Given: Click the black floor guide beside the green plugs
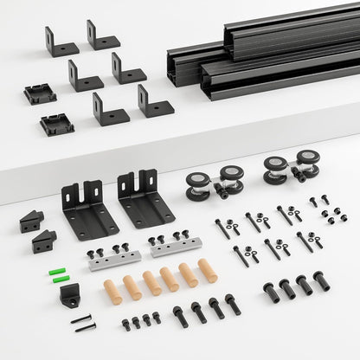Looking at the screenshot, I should pyautogui.click(x=70, y=296).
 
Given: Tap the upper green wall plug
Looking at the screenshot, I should pyautogui.click(x=60, y=269).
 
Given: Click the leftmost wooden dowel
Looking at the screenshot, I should pyautogui.click(x=112, y=291).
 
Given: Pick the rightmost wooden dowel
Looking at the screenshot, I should pyautogui.click(x=208, y=271).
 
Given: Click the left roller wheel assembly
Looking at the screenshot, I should pyautogui.click(x=212, y=182).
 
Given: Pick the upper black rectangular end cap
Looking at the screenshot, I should pyautogui.click(x=40, y=93).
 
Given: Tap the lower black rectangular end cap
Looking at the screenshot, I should pyautogui.click(x=56, y=124).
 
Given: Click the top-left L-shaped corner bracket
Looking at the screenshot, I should pyautogui.click(x=61, y=42).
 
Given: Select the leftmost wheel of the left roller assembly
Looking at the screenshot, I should pyautogui.click(x=196, y=185).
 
